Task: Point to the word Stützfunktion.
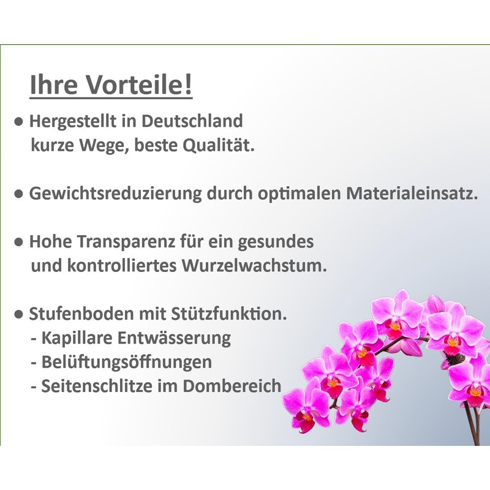point(236,314)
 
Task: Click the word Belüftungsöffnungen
point(127,362)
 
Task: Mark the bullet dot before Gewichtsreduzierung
point(20,194)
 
